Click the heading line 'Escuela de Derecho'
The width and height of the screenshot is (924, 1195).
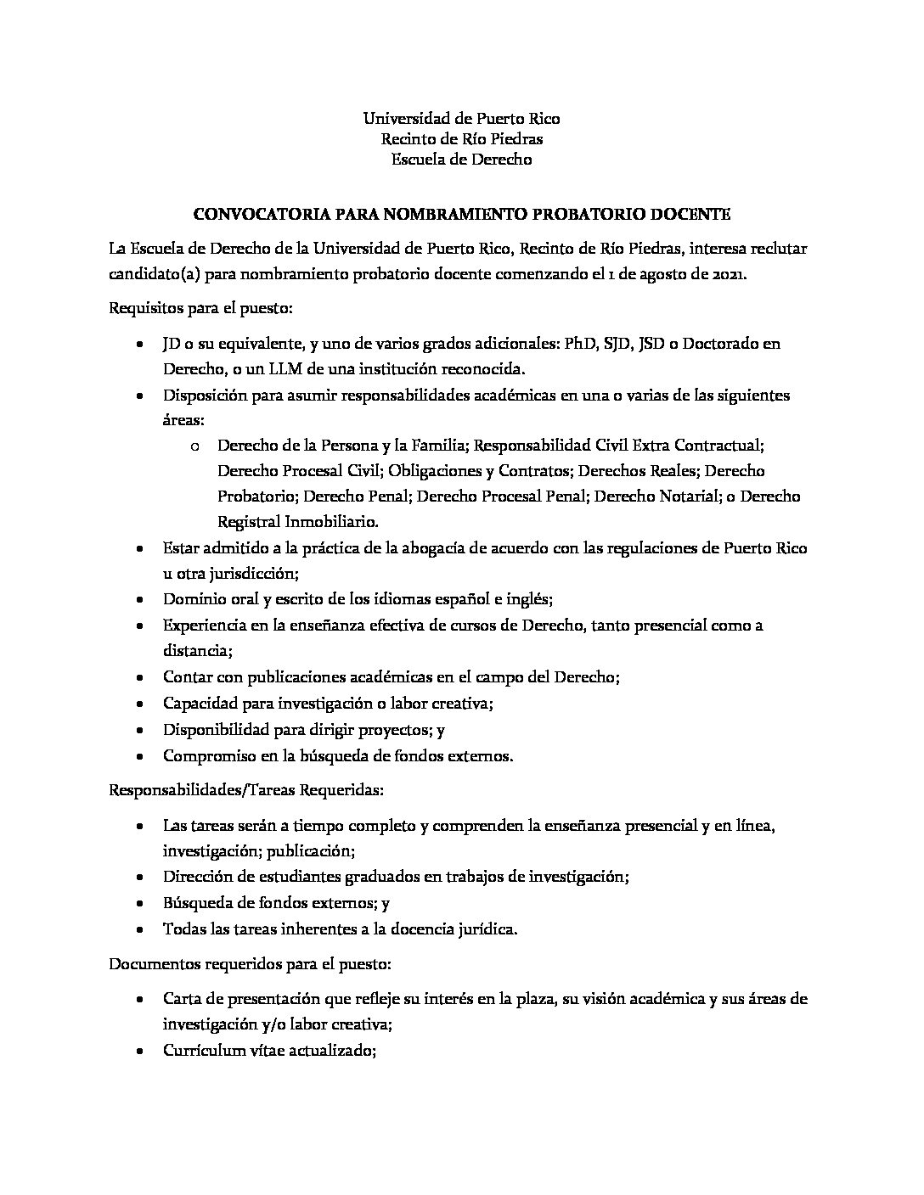click(461, 159)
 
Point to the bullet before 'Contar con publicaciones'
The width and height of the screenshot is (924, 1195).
click(140, 677)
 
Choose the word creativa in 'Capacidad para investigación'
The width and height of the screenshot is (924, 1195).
click(462, 704)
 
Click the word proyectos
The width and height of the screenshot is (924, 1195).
click(391, 729)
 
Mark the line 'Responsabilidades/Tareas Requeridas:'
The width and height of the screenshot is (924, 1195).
click(247, 789)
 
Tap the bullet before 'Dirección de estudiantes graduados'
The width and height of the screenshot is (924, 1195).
click(140, 877)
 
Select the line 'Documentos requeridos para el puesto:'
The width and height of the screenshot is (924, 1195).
click(250, 964)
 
